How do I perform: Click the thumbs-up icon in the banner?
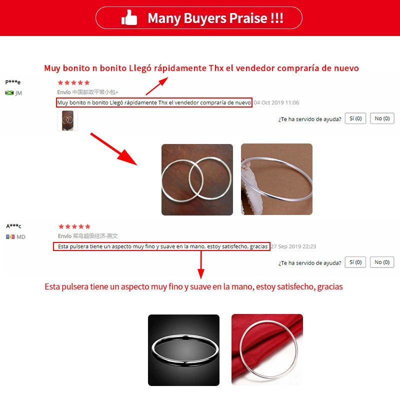point(129,17)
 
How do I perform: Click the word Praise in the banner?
point(248,18)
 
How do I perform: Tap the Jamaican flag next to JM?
point(9,93)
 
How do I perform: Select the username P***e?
point(13,82)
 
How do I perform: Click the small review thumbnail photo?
point(67,120)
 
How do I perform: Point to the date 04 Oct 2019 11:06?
point(276,102)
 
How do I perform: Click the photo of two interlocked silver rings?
point(197,179)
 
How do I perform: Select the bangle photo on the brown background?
point(276,179)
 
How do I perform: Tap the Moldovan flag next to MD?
point(10,236)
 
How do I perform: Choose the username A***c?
point(14,226)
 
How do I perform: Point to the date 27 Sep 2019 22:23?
point(293,246)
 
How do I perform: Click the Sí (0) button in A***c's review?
point(355,262)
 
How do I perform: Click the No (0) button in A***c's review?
point(382,262)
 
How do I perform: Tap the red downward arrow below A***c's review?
point(201,264)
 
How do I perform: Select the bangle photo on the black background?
point(183,350)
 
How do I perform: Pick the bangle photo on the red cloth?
point(267,349)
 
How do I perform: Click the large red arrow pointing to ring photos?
point(114,149)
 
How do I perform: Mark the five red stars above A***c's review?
point(74,226)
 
